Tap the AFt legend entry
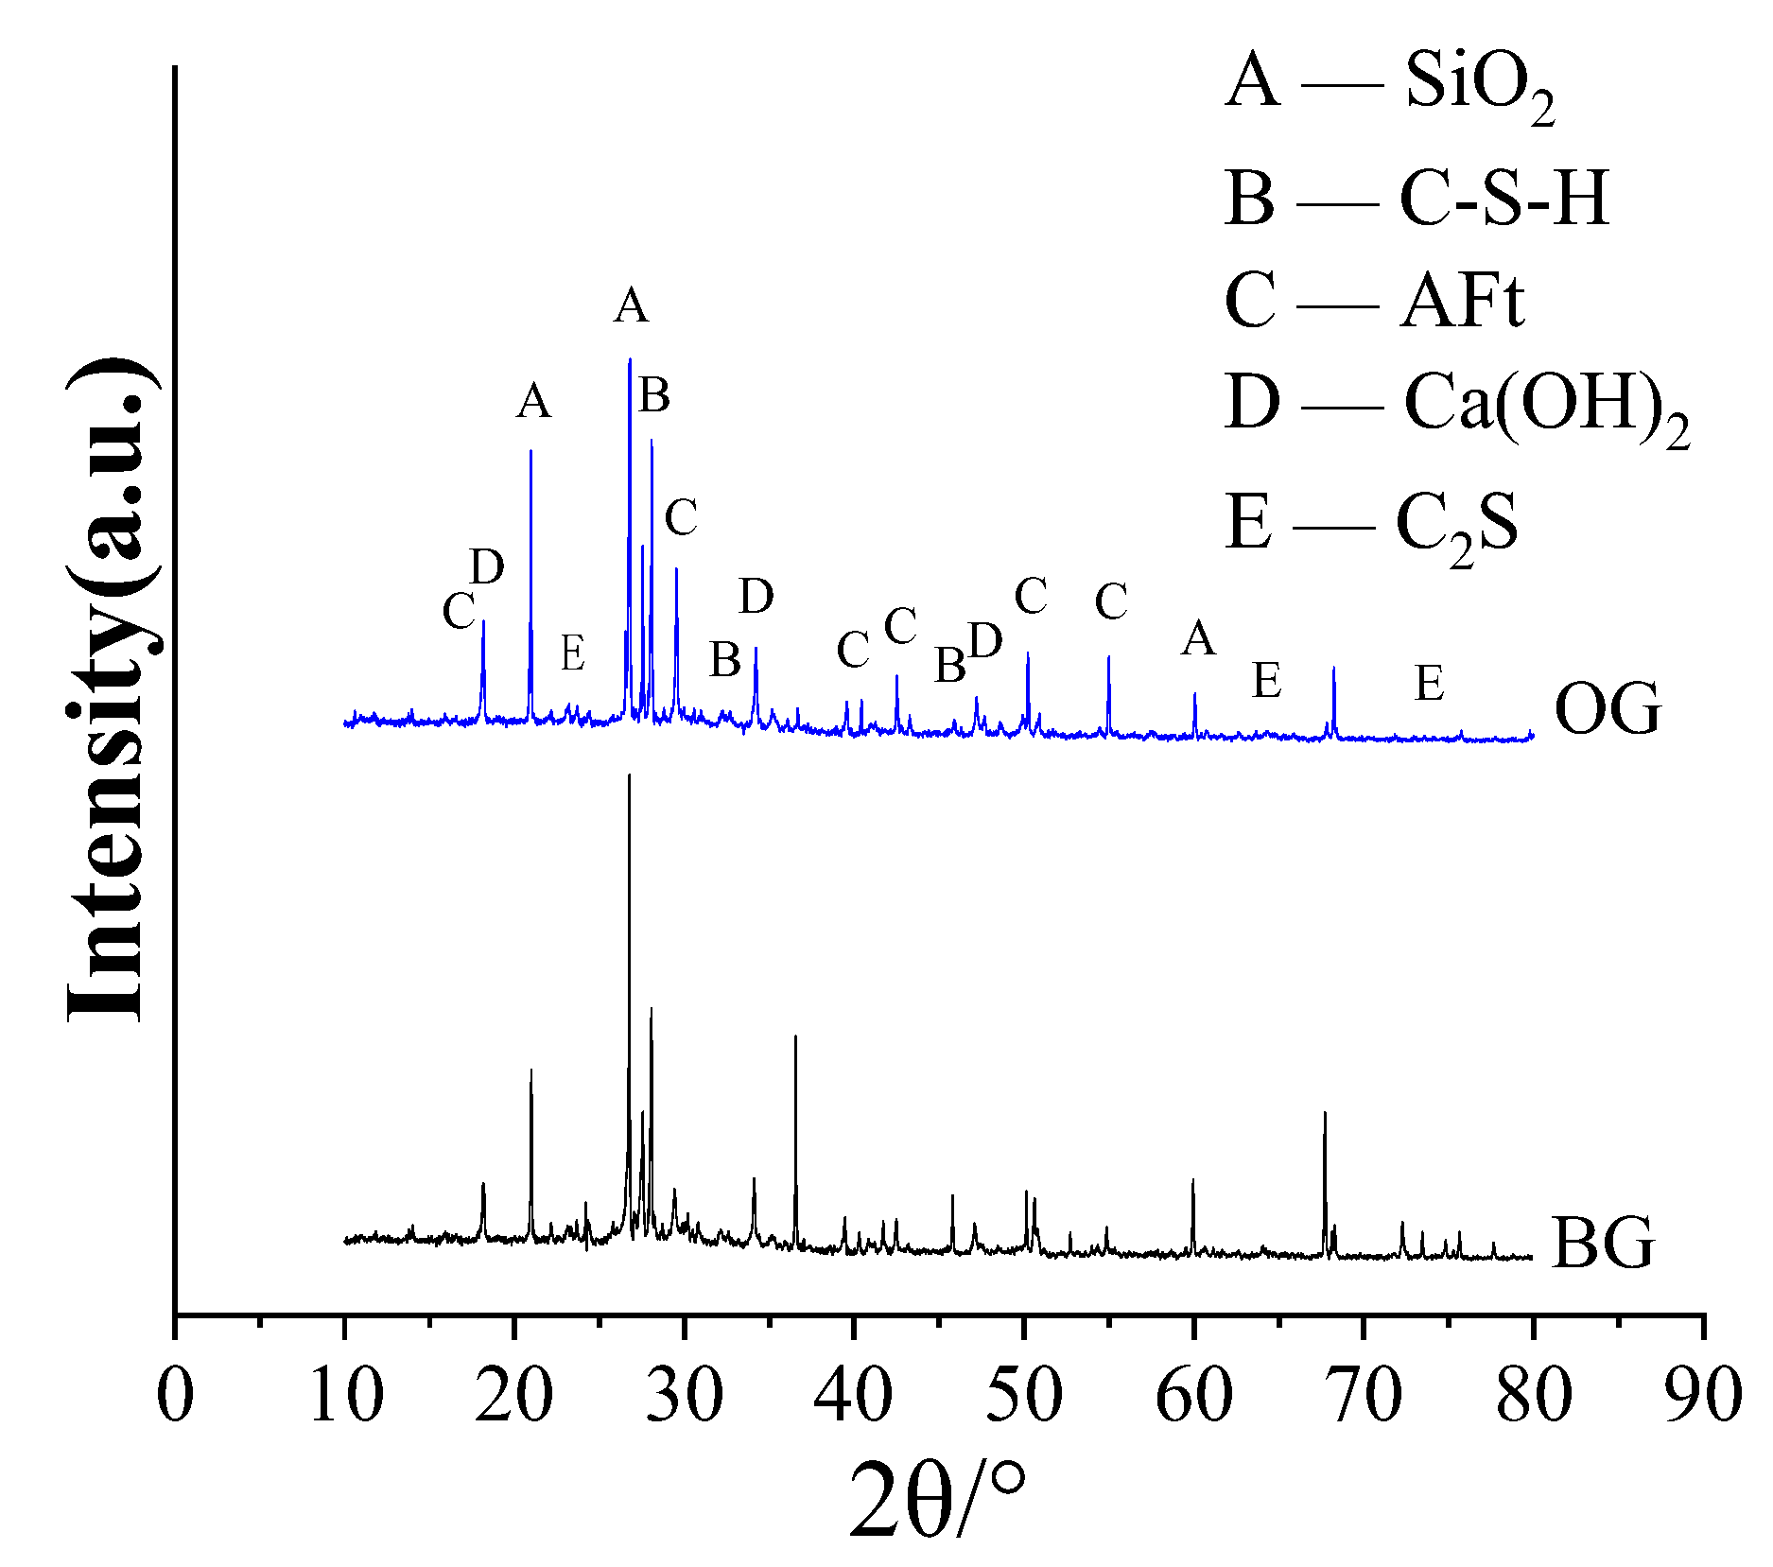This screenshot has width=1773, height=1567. pyautogui.click(x=1374, y=303)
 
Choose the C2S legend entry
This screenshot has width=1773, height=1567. pyautogui.click(x=1371, y=523)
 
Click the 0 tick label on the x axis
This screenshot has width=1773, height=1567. pyautogui.click(x=175, y=1395)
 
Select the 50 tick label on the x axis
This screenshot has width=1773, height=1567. pyautogui.click(x=1024, y=1395)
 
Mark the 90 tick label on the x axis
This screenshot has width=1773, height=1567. pyautogui.click(x=1703, y=1395)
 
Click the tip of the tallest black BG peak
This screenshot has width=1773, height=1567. pyautogui.click(x=629, y=775)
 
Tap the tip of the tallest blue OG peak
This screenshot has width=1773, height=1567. pyautogui.click(x=629, y=359)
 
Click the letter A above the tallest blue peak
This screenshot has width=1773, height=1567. pyautogui.click(x=631, y=306)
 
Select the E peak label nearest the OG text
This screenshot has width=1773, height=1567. pyautogui.click(x=1429, y=683)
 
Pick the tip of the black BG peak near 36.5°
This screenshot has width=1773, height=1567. pyautogui.click(x=795, y=1036)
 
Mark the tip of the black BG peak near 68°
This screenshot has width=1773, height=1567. pyautogui.click(x=1325, y=1113)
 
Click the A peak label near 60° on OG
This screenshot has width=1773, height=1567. pyautogui.click(x=1198, y=639)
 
